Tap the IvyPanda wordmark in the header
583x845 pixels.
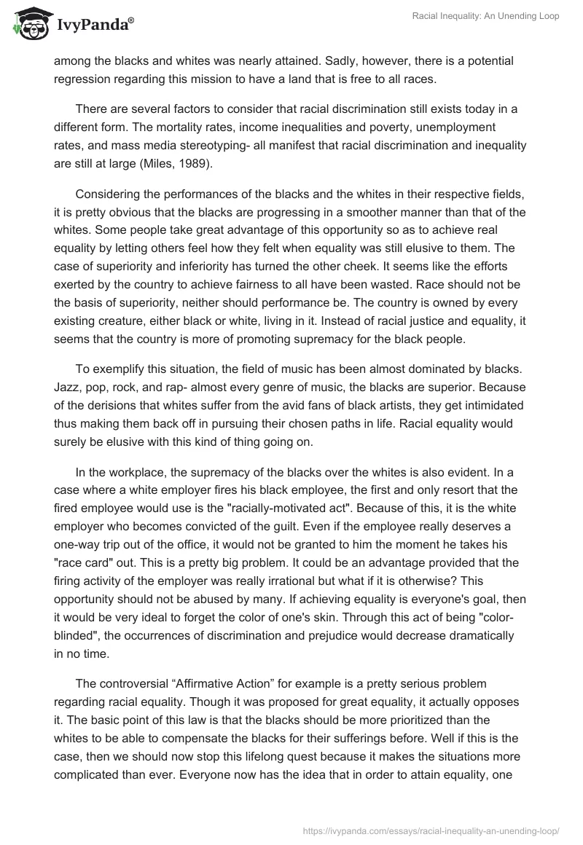click(x=94, y=26)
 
